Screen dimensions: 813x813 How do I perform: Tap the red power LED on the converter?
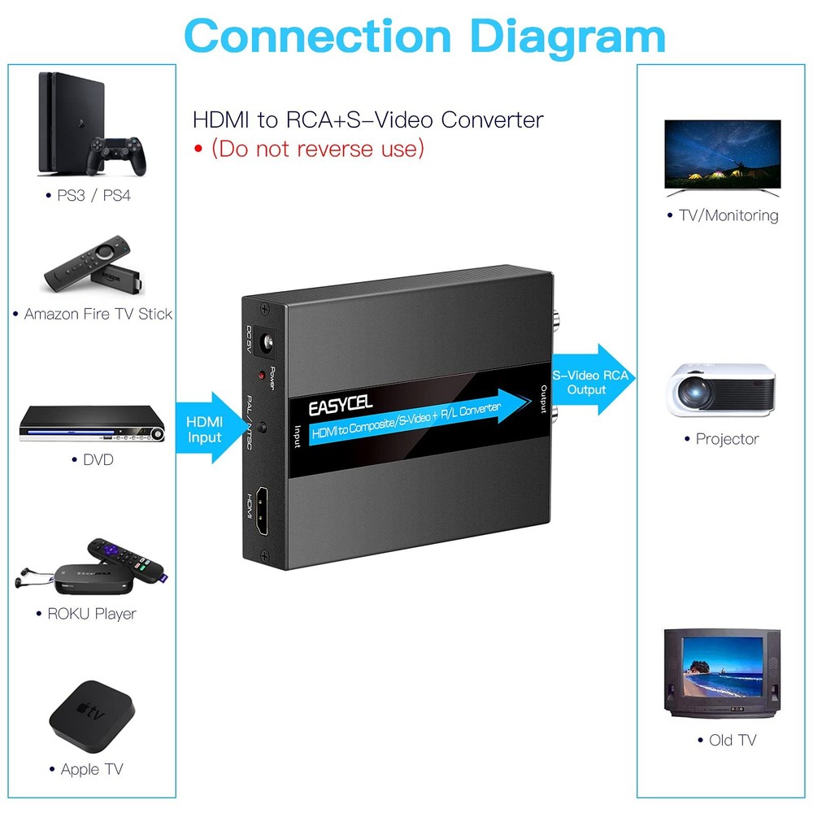pyautogui.click(x=261, y=376)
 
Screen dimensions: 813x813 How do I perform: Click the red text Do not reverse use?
pyautogui.click(x=318, y=149)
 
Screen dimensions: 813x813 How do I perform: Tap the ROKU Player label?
pyautogui.click(x=92, y=614)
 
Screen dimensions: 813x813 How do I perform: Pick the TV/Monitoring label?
pyautogui.click(x=728, y=215)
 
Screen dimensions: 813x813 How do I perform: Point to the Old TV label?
pyautogui.click(x=732, y=740)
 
